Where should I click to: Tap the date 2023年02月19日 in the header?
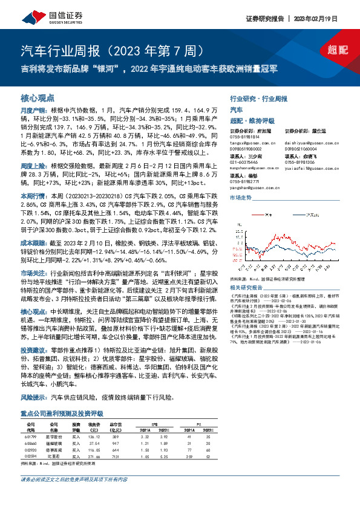pyautogui.click(x=329, y=18)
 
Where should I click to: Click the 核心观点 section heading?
pyautogui.click(x=38, y=97)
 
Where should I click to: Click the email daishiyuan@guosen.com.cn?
pyautogui.click(x=307, y=143)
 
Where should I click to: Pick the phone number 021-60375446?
pyautogui.click(x=245, y=162)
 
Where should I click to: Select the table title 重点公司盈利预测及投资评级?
pyautogui.click(x=62, y=413)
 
